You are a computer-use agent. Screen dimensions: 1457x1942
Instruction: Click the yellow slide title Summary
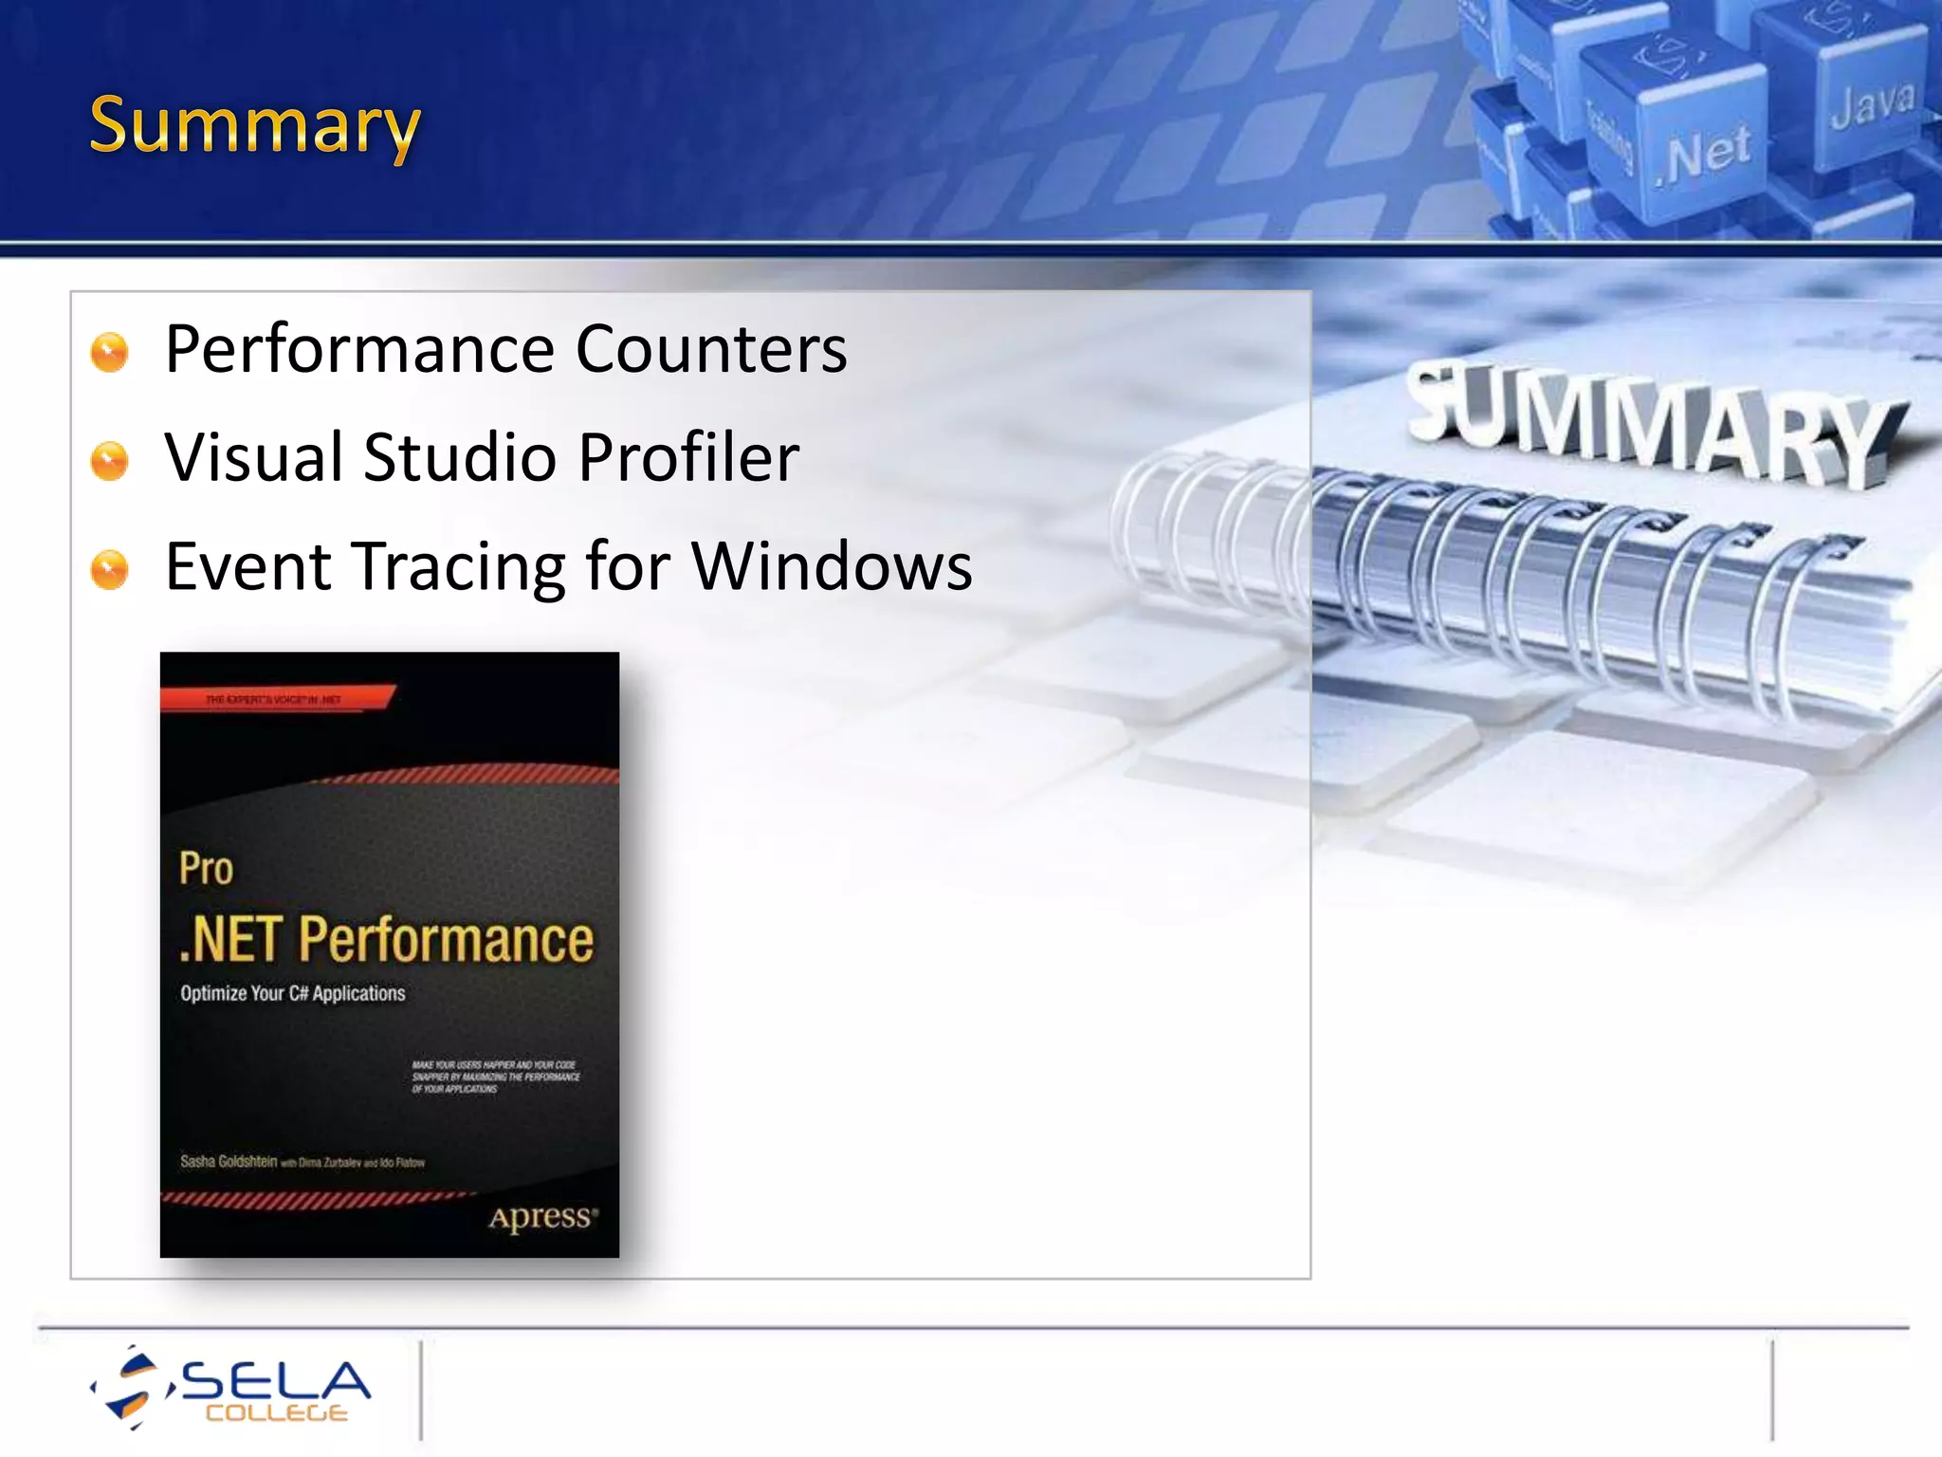[254, 126]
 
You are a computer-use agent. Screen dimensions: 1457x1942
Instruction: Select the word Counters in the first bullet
[711, 350]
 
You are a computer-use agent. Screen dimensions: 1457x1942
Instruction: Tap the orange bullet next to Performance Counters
[109, 352]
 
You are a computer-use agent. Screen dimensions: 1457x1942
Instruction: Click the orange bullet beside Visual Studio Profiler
[109, 461]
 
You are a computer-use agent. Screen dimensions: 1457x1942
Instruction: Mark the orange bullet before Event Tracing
[109, 570]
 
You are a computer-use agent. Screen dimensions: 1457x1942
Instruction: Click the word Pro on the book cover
[206, 869]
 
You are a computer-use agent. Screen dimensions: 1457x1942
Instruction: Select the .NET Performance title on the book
[386, 939]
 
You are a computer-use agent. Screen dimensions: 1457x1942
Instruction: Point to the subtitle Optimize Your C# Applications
[292, 993]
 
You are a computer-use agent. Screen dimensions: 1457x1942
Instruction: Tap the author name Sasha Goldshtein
[229, 1161]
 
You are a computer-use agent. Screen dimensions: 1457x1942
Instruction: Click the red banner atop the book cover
[275, 698]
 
